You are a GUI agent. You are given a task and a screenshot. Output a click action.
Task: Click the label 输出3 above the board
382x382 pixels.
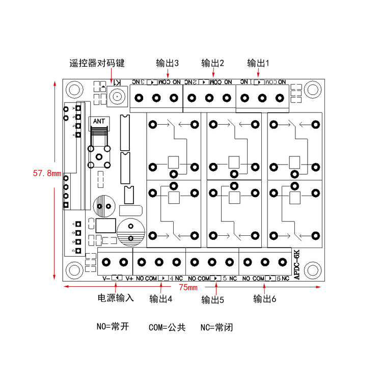[167, 63]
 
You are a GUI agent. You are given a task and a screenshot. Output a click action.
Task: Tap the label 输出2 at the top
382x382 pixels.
[213, 63]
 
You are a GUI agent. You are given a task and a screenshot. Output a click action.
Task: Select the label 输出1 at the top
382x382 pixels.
[258, 63]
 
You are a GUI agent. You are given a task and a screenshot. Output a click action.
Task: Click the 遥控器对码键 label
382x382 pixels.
[97, 63]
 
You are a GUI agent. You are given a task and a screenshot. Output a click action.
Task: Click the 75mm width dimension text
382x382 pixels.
[188, 288]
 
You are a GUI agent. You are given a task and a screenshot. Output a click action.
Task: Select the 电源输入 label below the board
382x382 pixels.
[116, 298]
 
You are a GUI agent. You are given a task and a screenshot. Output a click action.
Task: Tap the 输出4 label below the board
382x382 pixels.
[160, 298]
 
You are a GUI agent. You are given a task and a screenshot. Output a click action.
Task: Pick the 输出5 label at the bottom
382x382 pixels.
[213, 299]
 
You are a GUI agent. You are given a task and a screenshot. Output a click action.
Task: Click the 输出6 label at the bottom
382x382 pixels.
[265, 299]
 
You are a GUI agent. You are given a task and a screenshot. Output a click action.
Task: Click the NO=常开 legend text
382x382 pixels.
[113, 326]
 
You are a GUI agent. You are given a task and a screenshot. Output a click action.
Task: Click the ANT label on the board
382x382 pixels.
[99, 121]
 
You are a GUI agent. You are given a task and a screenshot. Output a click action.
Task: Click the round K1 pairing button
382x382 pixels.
[118, 96]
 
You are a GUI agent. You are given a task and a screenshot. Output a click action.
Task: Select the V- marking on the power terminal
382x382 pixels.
[106, 279]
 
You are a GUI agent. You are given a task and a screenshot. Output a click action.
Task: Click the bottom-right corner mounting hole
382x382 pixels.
[310, 269]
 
